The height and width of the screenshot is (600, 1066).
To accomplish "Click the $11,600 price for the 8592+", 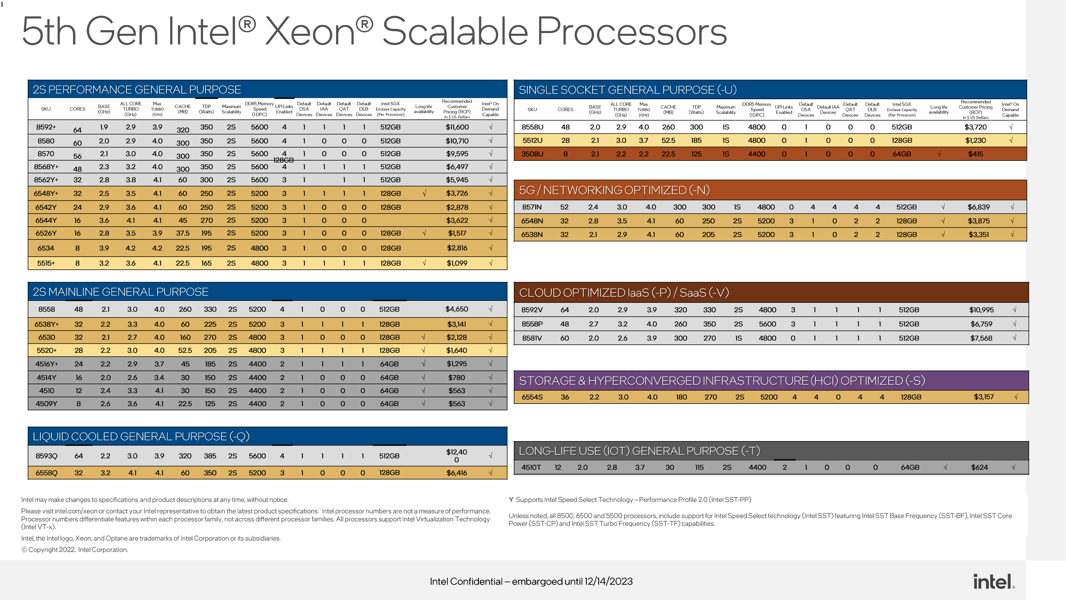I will pos(457,127).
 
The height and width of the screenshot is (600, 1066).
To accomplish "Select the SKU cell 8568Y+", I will pos(46,167).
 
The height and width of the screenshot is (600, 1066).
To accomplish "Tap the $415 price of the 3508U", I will pos(976,154).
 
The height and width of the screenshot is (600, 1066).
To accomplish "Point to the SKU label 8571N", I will pos(532,207).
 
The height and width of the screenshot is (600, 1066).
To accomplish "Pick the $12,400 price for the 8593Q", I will pos(456,456).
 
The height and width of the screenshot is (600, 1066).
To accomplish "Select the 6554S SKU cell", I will pos(532,397).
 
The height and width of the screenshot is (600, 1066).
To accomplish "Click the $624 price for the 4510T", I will pos(979,467).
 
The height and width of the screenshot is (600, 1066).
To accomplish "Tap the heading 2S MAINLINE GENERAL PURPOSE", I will pos(120,292).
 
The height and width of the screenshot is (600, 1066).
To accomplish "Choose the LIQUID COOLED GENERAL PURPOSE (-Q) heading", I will pos(141,436).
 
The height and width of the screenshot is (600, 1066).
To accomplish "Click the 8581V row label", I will pos(532,338).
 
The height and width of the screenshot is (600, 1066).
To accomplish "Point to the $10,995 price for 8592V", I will pos(981,310).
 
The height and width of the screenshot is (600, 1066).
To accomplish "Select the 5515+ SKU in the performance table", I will pos(46,263).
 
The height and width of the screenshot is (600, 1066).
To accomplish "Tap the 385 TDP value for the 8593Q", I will pos(210,456).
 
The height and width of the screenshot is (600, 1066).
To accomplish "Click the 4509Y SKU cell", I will pos(46,404).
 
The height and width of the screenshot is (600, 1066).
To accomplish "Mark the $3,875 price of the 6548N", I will pos(978,221).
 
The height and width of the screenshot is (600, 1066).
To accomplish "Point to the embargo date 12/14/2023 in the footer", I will pos(608,581).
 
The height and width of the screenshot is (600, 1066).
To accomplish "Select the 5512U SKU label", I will pos(532,140).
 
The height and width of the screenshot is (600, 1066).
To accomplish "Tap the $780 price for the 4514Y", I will pos(456,378).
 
